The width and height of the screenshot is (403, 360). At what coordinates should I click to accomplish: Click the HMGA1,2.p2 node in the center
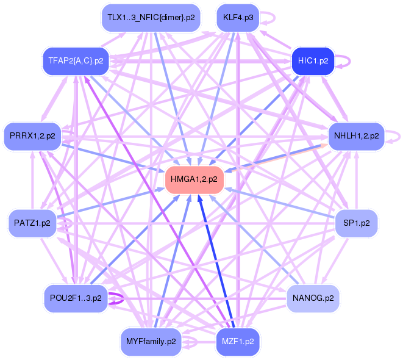[x=194, y=179]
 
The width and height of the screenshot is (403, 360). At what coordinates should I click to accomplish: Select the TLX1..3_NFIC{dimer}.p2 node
[x=151, y=17]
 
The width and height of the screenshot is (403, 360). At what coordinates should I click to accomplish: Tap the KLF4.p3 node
[x=238, y=17]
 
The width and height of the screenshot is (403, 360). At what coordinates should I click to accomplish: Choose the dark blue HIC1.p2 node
[x=313, y=61]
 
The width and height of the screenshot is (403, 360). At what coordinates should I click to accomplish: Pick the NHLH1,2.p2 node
[x=356, y=135]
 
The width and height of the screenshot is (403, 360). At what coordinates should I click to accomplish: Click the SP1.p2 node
[x=357, y=223]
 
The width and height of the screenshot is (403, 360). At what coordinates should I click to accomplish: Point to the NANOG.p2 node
[x=313, y=298]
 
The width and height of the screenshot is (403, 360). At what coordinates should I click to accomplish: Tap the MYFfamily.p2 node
[x=151, y=342]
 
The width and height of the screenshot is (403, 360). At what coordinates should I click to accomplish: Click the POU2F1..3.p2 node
[x=76, y=298]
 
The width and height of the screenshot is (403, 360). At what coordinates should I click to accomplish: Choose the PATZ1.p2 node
[x=32, y=223]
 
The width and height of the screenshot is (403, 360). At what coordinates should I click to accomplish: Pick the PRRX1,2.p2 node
[x=32, y=135]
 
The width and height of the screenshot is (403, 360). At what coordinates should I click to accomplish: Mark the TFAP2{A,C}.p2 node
[x=76, y=61]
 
